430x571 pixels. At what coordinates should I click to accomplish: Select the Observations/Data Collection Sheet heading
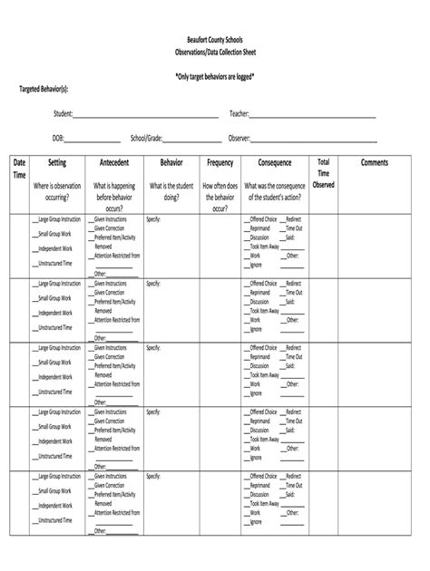pos(214,54)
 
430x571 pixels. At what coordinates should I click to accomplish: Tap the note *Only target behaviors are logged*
pos(214,77)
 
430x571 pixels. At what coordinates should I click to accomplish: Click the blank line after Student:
pos(146,117)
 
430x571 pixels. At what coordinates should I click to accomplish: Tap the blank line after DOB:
pos(93,140)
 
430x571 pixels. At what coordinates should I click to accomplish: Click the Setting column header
pos(57,163)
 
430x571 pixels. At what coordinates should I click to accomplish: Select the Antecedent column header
pos(114,163)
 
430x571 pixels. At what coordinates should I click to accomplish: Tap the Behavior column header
pos(171,163)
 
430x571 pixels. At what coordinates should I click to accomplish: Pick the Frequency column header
pos(220,163)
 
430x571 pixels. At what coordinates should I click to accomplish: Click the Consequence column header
pos(275,163)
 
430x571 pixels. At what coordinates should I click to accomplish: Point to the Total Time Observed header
pos(324,173)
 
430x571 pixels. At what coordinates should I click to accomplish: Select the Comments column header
pos(375,163)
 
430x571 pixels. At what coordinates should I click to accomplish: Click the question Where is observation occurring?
pos(57,190)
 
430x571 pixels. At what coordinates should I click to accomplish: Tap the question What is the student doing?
pos(171,190)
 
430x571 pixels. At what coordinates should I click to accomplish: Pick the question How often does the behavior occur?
pos(220,197)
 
